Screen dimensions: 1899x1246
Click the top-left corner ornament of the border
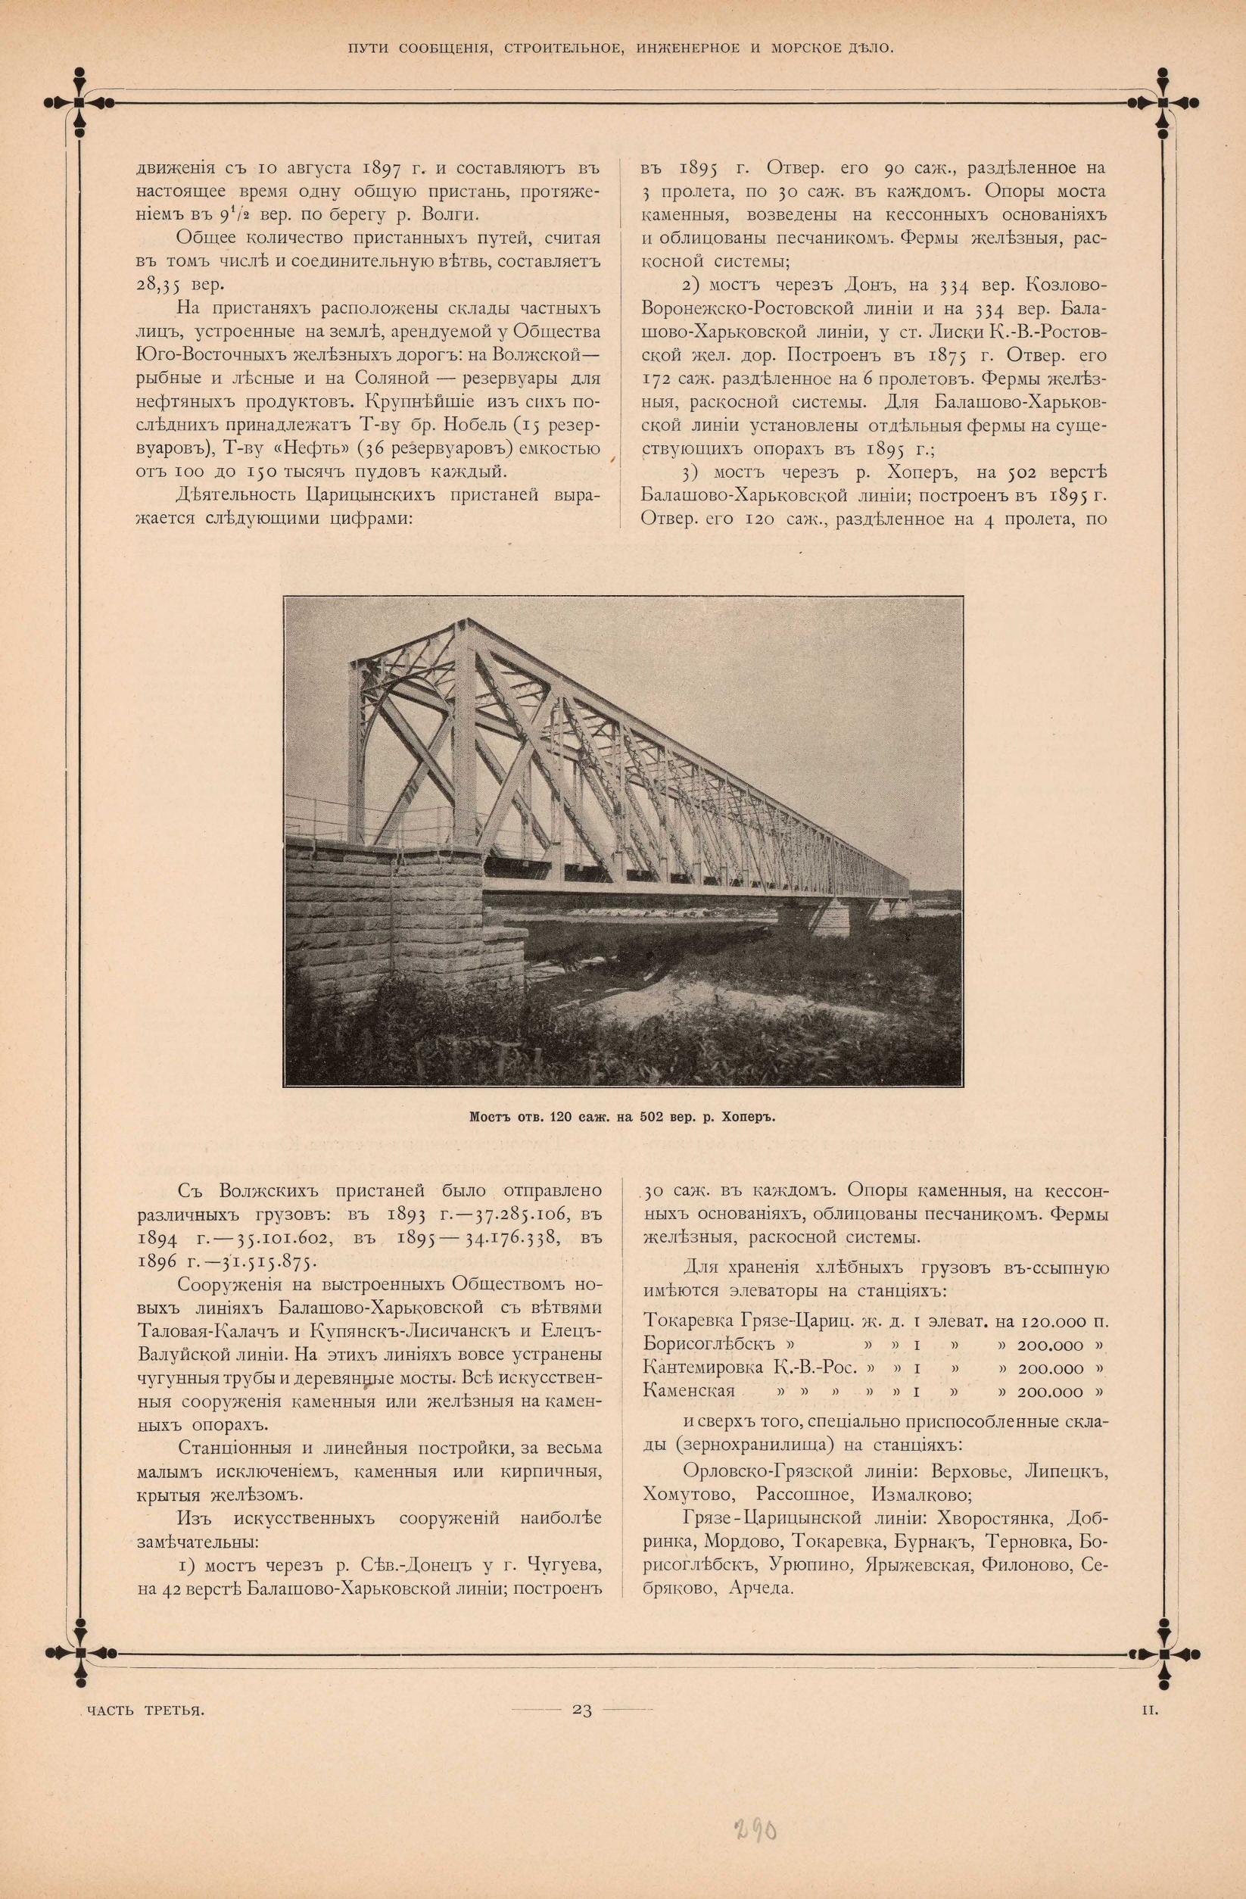tap(79, 101)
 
